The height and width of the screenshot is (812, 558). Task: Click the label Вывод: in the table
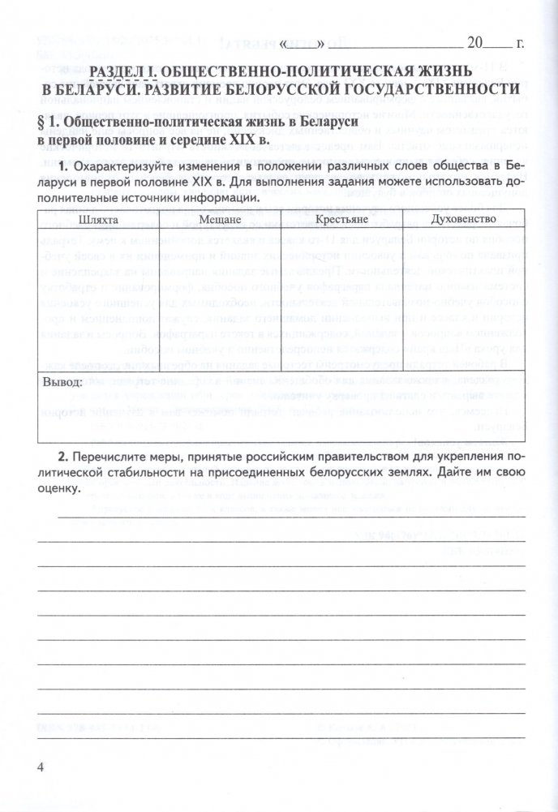[62, 380]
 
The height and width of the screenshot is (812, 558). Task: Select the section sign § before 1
[44, 121]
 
